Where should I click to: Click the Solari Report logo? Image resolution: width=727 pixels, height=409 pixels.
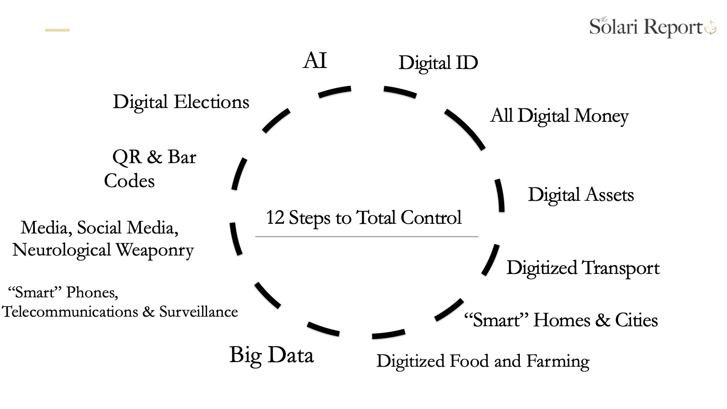(x=652, y=27)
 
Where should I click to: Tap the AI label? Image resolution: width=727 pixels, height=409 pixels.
(x=315, y=61)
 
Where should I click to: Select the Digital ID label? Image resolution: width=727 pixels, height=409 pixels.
(x=438, y=63)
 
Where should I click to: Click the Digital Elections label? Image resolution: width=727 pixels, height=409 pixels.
(x=181, y=102)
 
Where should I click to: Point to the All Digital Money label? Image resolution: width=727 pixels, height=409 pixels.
(x=559, y=116)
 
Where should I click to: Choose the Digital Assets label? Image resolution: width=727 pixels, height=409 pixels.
(x=581, y=195)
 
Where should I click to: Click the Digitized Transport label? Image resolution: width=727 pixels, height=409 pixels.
(x=583, y=268)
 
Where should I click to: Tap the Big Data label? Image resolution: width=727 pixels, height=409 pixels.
(x=271, y=355)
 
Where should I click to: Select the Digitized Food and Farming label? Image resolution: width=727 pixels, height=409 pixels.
(x=483, y=361)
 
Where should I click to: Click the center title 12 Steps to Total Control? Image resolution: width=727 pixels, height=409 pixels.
(x=363, y=218)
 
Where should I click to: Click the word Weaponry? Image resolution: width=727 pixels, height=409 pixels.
(x=155, y=250)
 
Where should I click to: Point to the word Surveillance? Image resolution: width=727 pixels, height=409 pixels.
(x=198, y=312)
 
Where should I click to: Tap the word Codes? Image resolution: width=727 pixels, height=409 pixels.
(x=130, y=181)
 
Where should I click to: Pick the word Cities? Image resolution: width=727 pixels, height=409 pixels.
(x=637, y=320)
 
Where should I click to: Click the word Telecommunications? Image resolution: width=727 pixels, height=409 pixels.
(x=70, y=312)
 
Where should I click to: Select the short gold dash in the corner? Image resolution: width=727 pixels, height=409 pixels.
(x=57, y=30)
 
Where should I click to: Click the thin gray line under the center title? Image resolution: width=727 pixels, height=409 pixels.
(x=366, y=237)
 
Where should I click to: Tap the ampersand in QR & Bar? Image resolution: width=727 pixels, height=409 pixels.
(x=155, y=157)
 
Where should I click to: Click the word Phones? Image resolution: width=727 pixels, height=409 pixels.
(x=92, y=292)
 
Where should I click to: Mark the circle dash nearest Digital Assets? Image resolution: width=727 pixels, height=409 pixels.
(x=500, y=195)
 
